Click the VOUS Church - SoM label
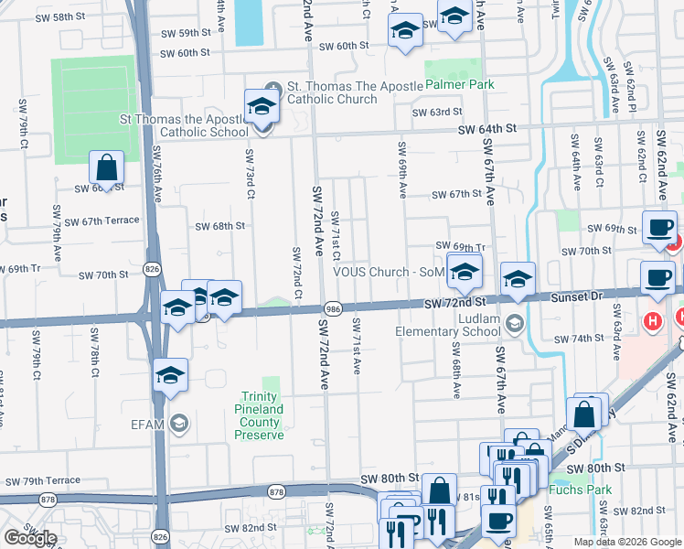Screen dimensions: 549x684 (x=388, y=272)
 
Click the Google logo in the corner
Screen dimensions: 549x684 (x=30, y=538)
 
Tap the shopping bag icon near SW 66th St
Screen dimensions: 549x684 (x=106, y=168)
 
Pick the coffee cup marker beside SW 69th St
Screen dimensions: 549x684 (x=658, y=228)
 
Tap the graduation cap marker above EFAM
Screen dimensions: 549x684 (x=170, y=376)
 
